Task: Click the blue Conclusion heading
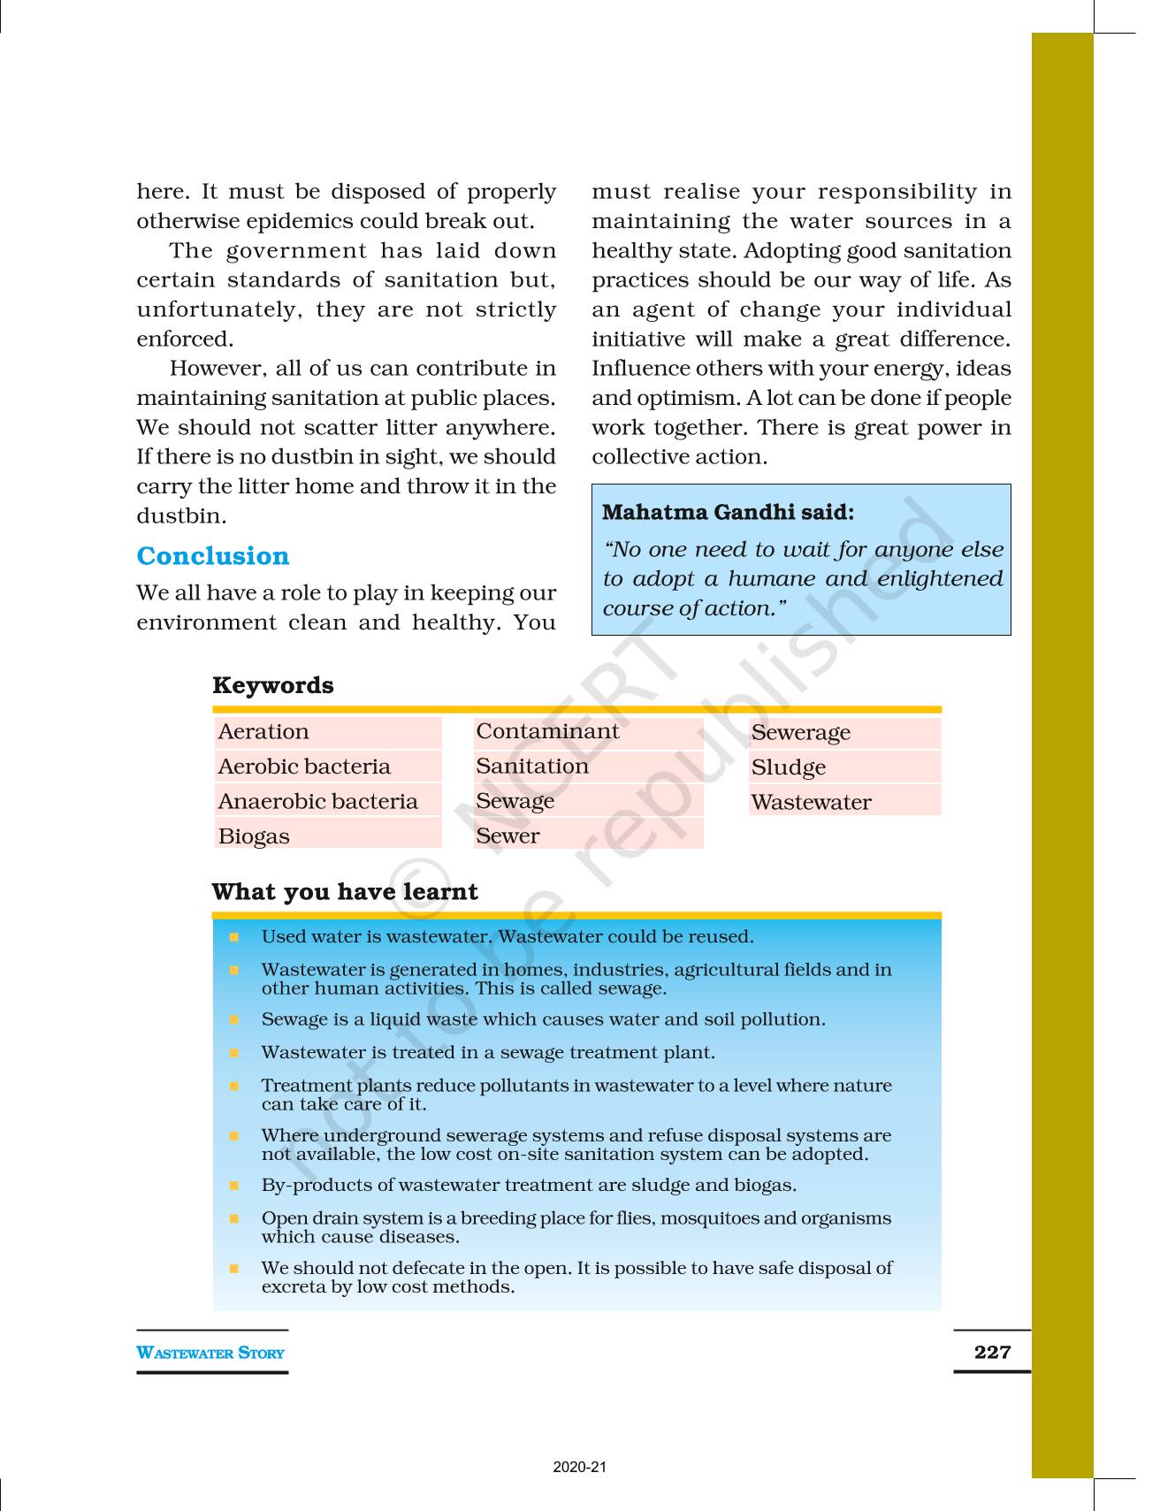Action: click(212, 556)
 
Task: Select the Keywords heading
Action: click(272, 685)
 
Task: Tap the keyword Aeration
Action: click(263, 732)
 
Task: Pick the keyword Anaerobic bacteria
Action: click(317, 801)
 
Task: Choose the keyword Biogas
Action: click(254, 836)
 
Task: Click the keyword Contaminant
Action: click(547, 731)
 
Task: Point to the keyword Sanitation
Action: click(531, 766)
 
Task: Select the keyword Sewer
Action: click(507, 836)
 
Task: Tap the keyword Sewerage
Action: click(800, 732)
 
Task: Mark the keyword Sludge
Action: click(788, 767)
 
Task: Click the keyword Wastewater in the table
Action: click(811, 802)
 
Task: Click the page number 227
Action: click(991, 1352)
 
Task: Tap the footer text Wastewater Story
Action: click(210, 1353)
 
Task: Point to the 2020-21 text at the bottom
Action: click(580, 1468)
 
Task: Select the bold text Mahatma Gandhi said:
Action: click(728, 512)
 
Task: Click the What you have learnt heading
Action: click(344, 891)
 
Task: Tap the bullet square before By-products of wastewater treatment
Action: click(234, 1186)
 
